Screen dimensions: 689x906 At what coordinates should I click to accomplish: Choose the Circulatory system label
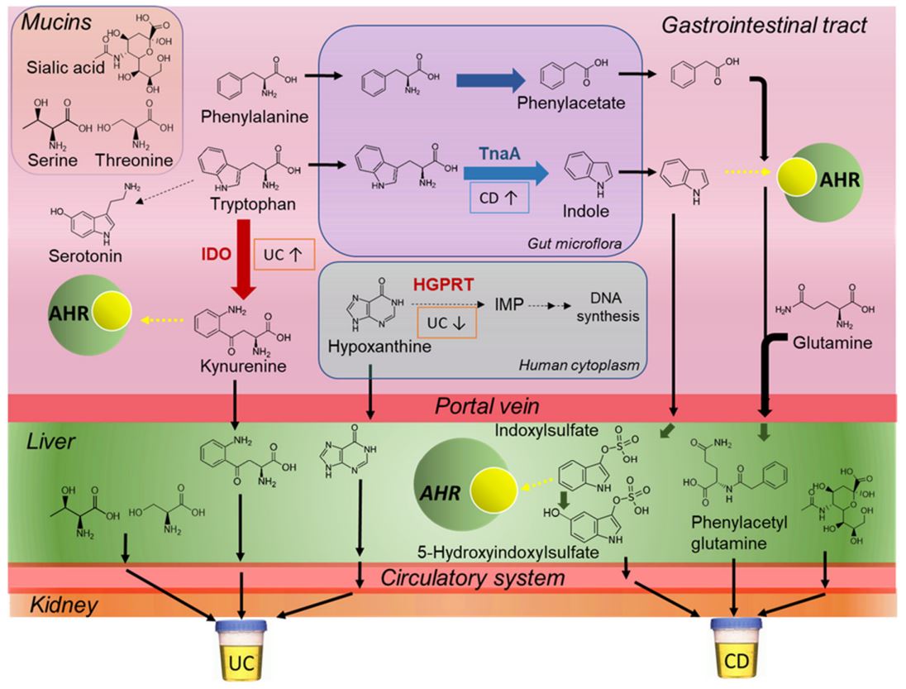(x=472, y=576)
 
